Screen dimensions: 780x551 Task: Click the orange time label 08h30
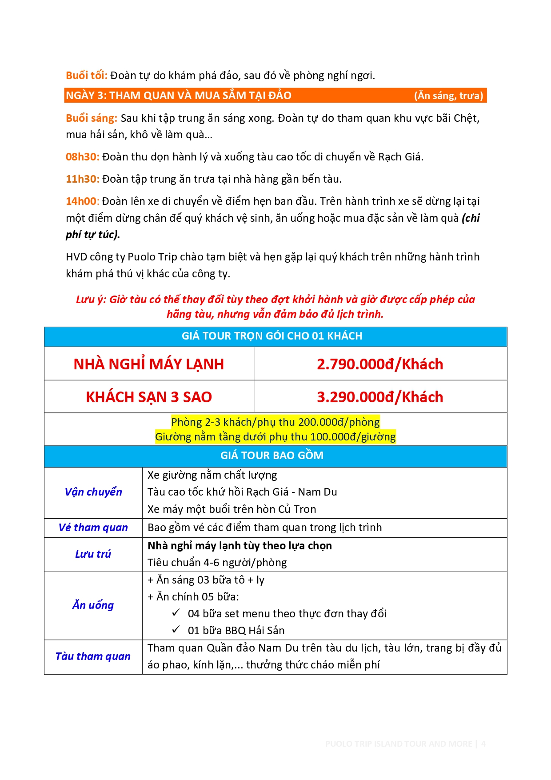pyautogui.click(x=82, y=157)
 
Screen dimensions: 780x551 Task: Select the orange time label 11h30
pyautogui.click(x=82, y=179)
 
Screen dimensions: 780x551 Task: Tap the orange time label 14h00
pyautogui.click(x=81, y=201)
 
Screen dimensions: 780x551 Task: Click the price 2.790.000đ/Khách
pyautogui.click(x=380, y=364)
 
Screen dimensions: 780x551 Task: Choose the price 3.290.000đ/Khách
pyautogui.click(x=380, y=397)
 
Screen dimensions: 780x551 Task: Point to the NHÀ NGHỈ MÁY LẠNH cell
pyautogui.click(x=149, y=364)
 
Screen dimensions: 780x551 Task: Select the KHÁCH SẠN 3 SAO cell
pyautogui.click(x=149, y=397)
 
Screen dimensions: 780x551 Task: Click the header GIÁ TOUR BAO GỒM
pyautogui.click(x=272, y=456)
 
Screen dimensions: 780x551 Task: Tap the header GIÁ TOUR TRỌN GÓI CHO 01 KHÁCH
pyautogui.click(x=272, y=336)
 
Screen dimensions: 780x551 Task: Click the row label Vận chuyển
pyautogui.click(x=93, y=492)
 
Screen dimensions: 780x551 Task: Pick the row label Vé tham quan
pyautogui.click(x=93, y=528)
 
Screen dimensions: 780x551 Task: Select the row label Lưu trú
pyautogui.click(x=93, y=554)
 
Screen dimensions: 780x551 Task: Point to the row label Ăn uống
pyautogui.click(x=93, y=605)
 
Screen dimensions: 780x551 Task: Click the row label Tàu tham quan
pyautogui.click(x=93, y=656)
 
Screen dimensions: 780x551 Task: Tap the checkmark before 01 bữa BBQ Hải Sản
pyautogui.click(x=176, y=630)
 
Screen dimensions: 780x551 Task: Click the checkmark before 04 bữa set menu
pyautogui.click(x=176, y=613)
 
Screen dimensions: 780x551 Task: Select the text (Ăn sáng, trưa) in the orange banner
pyautogui.click(x=448, y=96)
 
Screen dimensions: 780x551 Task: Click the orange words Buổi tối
pyautogui.click(x=86, y=76)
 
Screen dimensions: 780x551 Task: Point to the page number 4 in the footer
pyautogui.click(x=483, y=744)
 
